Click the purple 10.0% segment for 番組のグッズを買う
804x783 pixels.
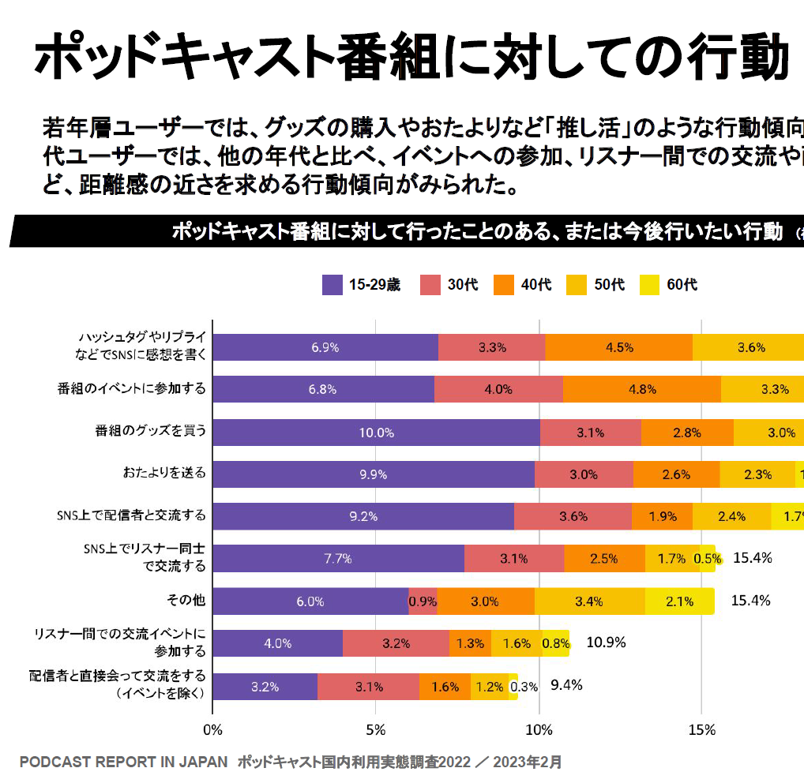point(376,433)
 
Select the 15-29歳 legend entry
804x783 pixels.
point(364,285)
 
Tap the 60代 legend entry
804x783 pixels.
point(670,285)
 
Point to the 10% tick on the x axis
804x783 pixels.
point(539,730)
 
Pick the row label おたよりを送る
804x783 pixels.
point(164,473)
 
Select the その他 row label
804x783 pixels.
point(186,601)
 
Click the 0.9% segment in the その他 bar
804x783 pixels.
point(423,601)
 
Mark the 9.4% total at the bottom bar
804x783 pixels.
point(566,684)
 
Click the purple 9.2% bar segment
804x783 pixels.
point(363,517)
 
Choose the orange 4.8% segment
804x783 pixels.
point(641,389)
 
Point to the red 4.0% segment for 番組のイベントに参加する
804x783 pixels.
point(498,389)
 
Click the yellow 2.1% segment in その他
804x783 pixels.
point(679,601)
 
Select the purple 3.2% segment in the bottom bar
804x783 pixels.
point(265,687)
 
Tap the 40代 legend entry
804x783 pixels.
point(523,285)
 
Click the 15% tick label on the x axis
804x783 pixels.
point(701,730)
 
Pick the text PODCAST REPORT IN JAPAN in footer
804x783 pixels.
point(123,762)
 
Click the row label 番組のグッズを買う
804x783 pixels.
point(151,431)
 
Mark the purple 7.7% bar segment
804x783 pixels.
point(338,559)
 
